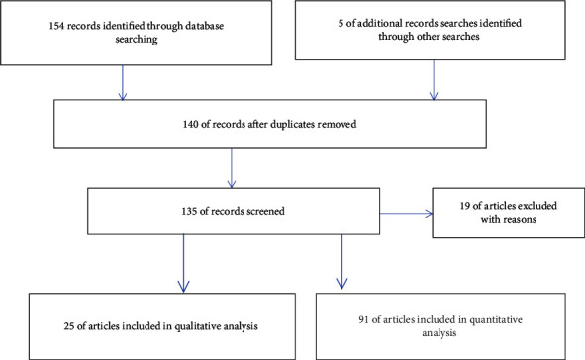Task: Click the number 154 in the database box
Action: coord(56,26)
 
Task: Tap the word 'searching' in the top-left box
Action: coord(137,40)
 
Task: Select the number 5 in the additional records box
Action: coord(341,23)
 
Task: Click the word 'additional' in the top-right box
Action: coord(373,23)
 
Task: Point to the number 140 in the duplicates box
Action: coord(190,124)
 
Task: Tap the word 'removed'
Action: coord(337,124)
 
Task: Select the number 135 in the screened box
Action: coord(189,211)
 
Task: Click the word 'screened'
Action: coord(265,211)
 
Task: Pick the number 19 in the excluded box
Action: coord(465,206)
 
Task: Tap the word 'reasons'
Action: coord(519,220)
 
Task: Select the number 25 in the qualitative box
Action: coord(69,326)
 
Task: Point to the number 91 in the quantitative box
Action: coord(363,319)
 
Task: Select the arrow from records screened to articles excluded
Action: coord(406,214)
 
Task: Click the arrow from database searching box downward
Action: coord(123,83)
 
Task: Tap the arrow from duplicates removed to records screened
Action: coord(232,168)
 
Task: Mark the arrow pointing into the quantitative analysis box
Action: coord(341,262)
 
